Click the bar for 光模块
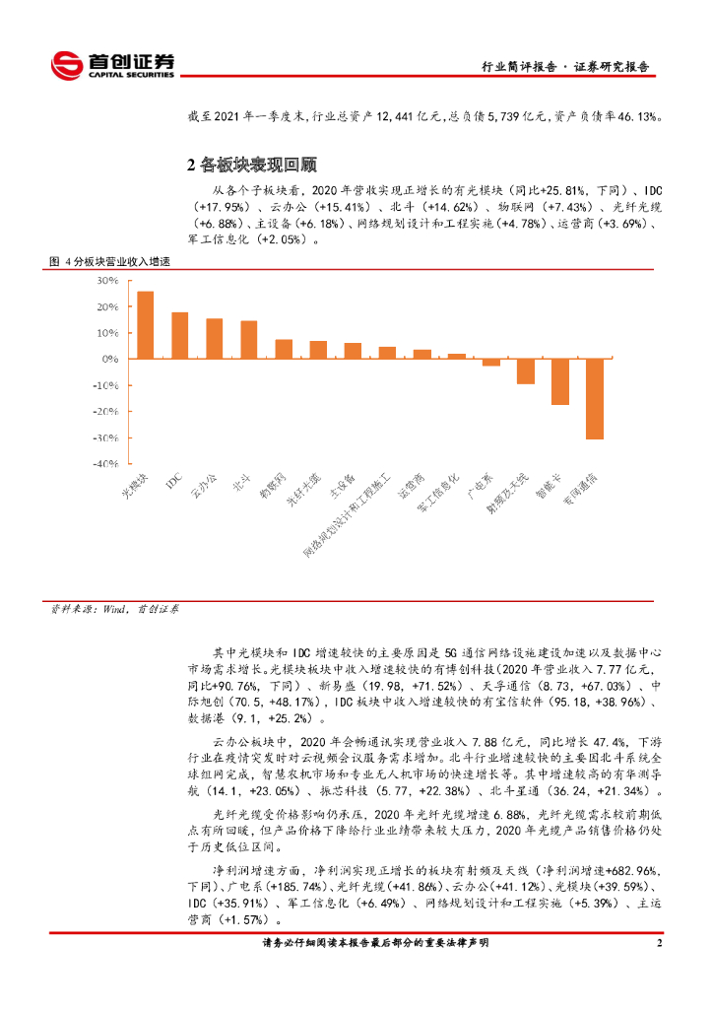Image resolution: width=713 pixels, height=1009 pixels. click(145, 325)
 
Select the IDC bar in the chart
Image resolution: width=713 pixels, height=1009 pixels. click(179, 336)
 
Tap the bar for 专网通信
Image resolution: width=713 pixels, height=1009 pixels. click(595, 399)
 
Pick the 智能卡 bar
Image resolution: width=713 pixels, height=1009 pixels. click(560, 382)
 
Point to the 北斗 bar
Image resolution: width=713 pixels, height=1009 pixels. click(249, 340)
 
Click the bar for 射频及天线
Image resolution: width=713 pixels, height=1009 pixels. click(526, 371)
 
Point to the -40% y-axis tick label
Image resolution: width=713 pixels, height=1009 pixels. click(103, 464)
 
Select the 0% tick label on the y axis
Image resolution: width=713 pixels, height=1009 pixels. click(109, 359)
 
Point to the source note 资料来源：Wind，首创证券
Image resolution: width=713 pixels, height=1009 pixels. click(115, 610)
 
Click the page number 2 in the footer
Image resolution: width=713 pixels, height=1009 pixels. click(659, 944)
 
